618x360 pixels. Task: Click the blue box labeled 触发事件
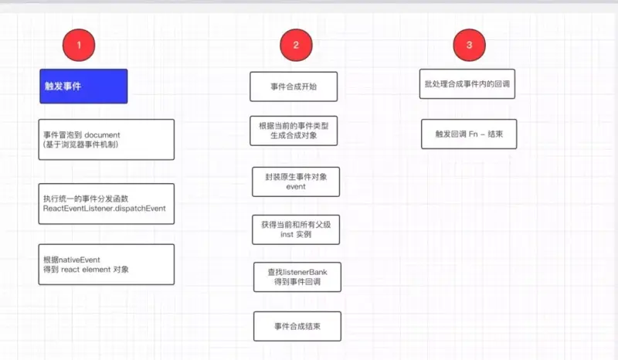83,86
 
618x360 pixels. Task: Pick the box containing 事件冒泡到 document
107,139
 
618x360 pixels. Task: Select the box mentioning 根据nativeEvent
107,264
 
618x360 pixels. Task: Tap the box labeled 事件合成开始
294,87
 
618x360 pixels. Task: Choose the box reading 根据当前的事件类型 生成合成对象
294,131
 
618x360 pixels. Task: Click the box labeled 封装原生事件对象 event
296,182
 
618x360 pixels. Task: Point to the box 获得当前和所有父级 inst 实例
296,229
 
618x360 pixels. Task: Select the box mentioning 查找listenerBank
297,277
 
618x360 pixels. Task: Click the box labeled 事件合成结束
297,326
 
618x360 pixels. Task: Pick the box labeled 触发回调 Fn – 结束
469,134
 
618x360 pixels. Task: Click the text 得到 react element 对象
87,270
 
